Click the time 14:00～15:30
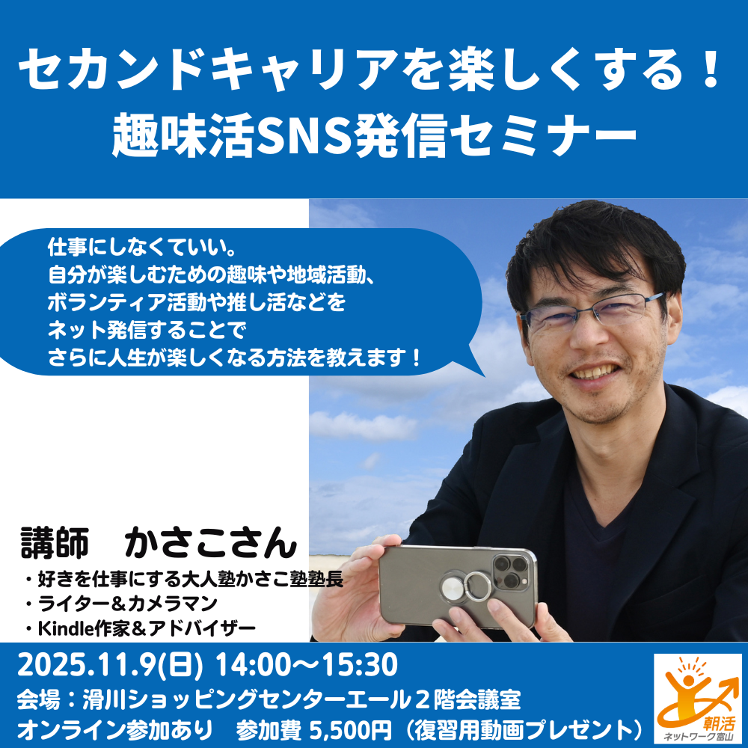(x=307, y=665)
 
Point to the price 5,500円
(x=351, y=730)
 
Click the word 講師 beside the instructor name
(x=55, y=542)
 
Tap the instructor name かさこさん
(x=211, y=542)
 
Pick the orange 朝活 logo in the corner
(x=697, y=697)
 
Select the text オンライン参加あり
(x=114, y=730)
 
